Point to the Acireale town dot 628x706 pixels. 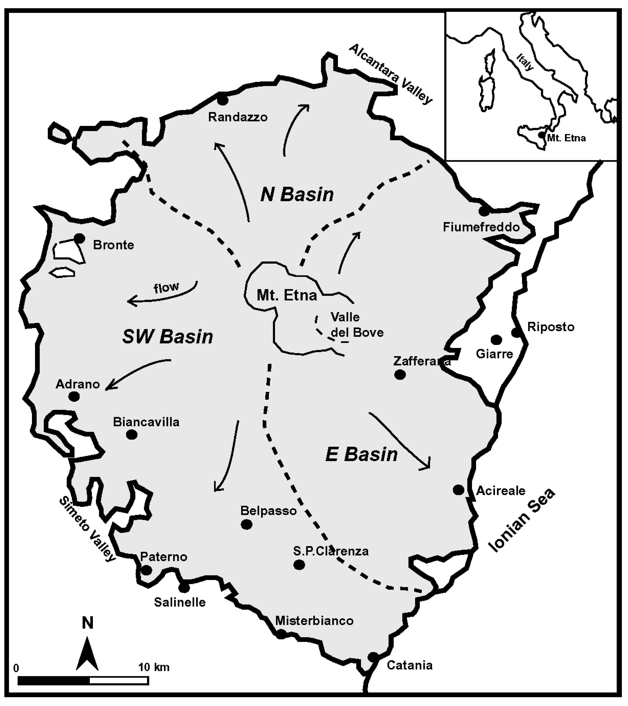(458, 490)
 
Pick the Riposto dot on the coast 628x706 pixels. (516, 333)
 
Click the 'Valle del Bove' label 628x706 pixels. (357, 325)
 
